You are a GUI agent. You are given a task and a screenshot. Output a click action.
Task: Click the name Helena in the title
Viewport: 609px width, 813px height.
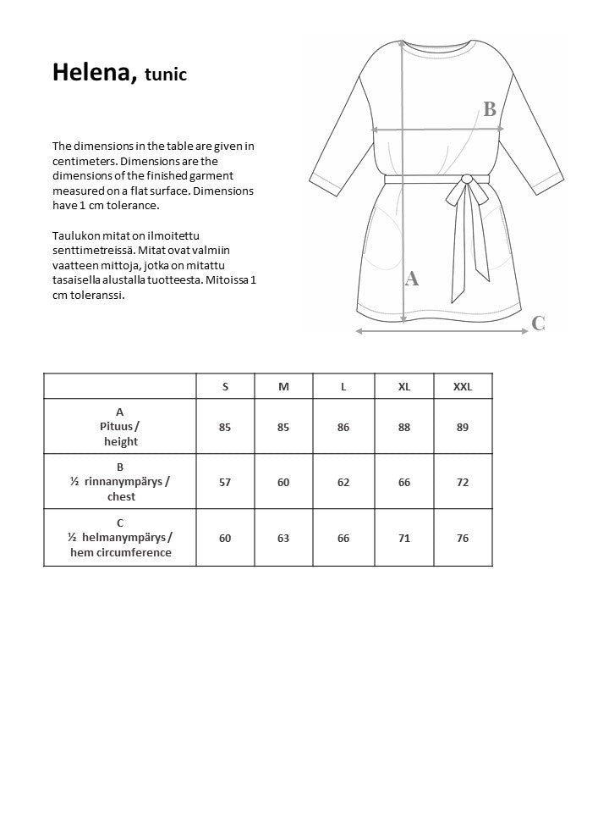[x=91, y=73]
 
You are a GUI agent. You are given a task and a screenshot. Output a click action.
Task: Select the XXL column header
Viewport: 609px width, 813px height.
[x=462, y=386]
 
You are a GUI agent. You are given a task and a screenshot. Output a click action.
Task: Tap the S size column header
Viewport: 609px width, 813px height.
[x=225, y=386]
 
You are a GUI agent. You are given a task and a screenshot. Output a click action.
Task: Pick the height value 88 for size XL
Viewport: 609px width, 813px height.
[x=404, y=428]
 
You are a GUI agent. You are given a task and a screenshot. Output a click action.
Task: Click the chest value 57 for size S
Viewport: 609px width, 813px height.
[x=225, y=482]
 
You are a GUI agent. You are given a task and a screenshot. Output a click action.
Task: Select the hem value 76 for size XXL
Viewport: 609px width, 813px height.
[x=462, y=538]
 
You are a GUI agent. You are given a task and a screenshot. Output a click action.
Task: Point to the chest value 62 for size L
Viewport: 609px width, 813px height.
[x=343, y=482]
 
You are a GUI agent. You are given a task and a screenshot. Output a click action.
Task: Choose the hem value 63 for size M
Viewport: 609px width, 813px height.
[x=283, y=538]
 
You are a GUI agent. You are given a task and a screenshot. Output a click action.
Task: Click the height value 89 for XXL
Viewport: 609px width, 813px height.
[x=462, y=428]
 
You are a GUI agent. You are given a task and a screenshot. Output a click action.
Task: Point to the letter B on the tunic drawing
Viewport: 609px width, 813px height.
[x=489, y=109]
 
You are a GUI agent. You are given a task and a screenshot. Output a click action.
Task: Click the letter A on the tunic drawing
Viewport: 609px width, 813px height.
[x=413, y=279]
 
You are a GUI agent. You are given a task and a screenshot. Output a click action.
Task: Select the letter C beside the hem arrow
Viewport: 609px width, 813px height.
[x=538, y=323]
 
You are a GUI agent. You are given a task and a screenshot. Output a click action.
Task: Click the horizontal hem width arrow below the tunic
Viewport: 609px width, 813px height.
[x=440, y=331]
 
